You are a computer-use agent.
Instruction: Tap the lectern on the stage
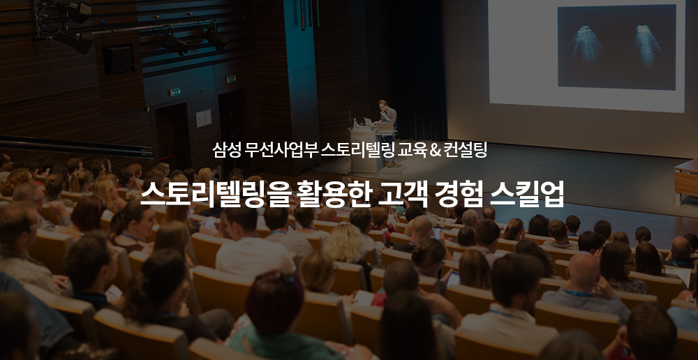click(366, 150)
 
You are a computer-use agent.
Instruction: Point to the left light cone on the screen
click(584, 45)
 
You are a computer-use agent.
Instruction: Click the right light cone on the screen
click(648, 44)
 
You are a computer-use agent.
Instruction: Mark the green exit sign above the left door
click(174, 93)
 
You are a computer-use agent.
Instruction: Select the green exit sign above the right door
click(231, 80)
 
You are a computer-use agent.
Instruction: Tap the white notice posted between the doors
click(204, 118)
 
